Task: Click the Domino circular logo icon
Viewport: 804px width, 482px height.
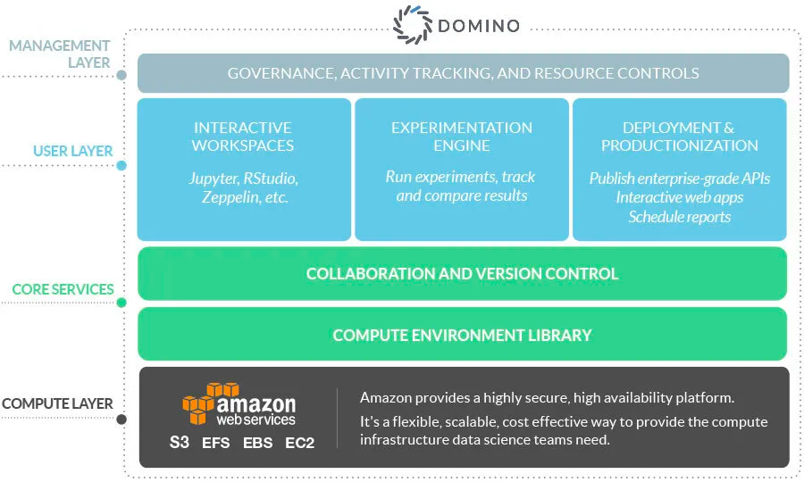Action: [413, 25]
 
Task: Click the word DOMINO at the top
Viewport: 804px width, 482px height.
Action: [479, 26]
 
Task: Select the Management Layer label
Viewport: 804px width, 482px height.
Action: [60, 54]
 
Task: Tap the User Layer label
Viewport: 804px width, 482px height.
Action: [73, 151]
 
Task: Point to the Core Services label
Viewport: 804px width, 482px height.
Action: [63, 289]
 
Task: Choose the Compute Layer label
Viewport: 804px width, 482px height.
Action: [57, 403]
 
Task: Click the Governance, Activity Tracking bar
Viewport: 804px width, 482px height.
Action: [463, 73]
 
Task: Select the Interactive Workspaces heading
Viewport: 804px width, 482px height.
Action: [243, 137]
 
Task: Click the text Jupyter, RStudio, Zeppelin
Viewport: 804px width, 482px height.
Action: [243, 187]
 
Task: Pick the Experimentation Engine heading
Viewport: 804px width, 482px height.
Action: [461, 137]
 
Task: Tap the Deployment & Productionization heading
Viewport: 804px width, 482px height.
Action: [679, 137]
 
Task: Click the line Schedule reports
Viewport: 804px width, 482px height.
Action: [679, 217]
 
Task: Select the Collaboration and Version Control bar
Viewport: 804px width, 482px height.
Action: [462, 274]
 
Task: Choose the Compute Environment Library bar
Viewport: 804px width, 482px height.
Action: [462, 336]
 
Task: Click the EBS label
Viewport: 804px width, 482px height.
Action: [257, 442]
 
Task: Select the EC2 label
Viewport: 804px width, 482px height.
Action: [299, 442]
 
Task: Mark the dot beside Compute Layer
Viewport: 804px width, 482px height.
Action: [121, 419]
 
